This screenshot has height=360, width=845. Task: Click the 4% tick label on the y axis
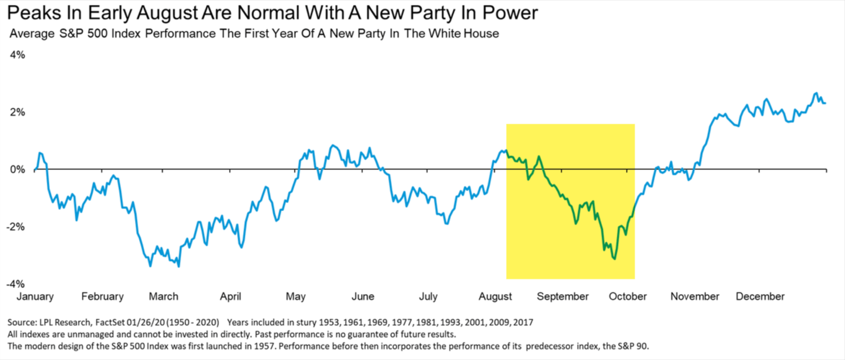pyautogui.click(x=17, y=55)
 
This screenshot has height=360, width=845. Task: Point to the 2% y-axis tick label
pyautogui.click(x=17, y=112)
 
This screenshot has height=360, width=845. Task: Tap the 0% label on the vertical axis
pyautogui.click(x=17, y=170)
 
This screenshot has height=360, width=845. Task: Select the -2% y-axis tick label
pyautogui.click(x=16, y=227)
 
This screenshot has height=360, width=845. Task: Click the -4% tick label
pyautogui.click(x=16, y=284)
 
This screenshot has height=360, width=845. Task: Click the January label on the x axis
pyautogui.click(x=35, y=297)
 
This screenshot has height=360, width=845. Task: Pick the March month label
pyautogui.click(x=163, y=297)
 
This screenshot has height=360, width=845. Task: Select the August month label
pyautogui.click(x=495, y=297)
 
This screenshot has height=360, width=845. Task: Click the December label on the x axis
pyautogui.click(x=760, y=297)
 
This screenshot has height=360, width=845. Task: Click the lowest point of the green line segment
pyautogui.click(x=614, y=259)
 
